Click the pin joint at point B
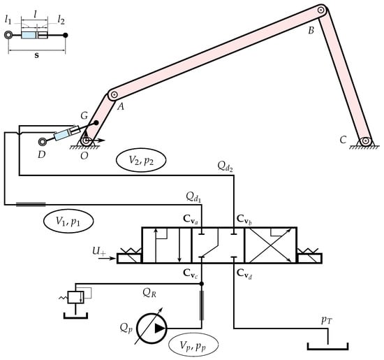tap(321, 10)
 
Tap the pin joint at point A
tap(114, 94)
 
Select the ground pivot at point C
tap(365, 141)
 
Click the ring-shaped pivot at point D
tap(43, 141)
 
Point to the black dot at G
tap(96, 122)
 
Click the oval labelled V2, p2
tap(141, 160)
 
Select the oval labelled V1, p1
tap(68, 221)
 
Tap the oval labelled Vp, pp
tap(193, 345)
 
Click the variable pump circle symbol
tap(152, 328)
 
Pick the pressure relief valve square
tap(75, 297)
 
